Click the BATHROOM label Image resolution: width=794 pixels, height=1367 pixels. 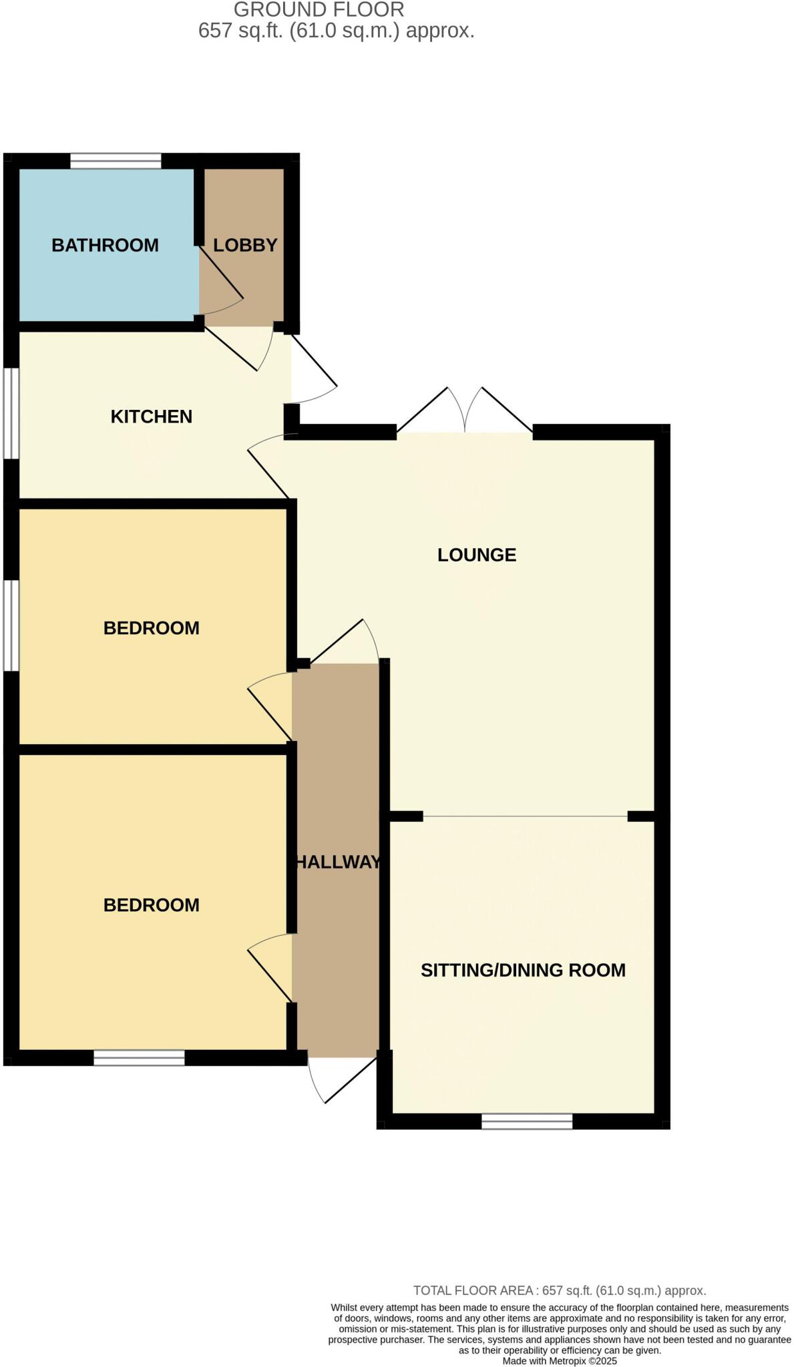[x=105, y=245]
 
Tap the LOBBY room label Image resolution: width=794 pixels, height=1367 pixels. [x=244, y=245]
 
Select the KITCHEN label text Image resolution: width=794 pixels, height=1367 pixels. [x=151, y=417]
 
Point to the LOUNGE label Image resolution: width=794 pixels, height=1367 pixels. [x=476, y=555]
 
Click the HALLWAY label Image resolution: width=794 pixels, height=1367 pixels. [x=337, y=862]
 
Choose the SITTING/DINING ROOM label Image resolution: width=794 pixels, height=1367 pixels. [x=522, y=970]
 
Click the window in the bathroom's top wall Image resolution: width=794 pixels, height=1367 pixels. [x=116, y=161]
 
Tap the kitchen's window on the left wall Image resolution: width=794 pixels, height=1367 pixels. [x=11, y=413]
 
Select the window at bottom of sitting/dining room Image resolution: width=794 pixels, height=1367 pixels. [x=526, y=1121]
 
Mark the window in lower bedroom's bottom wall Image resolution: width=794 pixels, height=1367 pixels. [x=138, y=1057]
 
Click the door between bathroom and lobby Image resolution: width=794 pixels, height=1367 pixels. [x=220, y=280]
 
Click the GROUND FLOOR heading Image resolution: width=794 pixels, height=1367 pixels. [x=319, y=10]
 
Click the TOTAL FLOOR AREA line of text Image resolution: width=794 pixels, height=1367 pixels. [x=559, y=1290]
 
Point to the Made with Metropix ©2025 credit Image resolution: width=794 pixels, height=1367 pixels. [x=559, y=1360]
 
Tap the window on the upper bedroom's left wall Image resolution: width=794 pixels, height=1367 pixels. [x=11, y=625]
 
